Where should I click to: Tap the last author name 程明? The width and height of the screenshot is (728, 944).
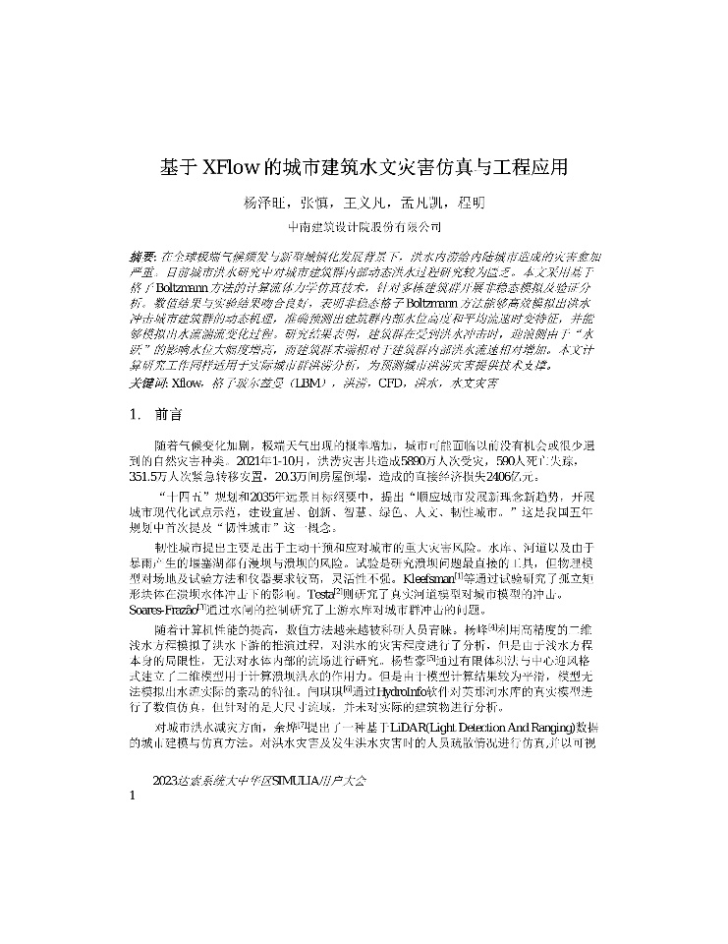click(472, 204)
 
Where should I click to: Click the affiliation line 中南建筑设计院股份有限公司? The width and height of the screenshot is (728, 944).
click(364, 229)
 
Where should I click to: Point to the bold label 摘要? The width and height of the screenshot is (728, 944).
click(143, 255)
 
